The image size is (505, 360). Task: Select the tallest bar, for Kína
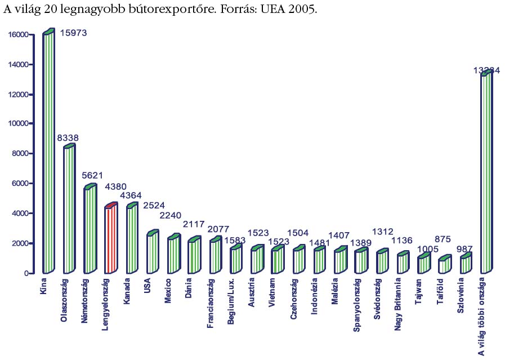(x=48, y=152)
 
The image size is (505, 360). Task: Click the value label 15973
(x=73, y=33)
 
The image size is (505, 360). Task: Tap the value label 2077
(x=218, y=229)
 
